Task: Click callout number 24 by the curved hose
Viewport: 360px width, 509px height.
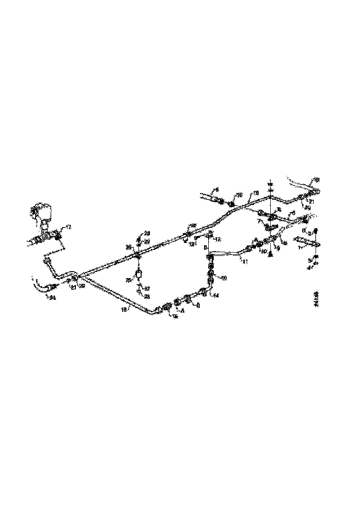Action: click(53, 298)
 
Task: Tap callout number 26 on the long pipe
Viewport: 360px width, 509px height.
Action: click(130, 247)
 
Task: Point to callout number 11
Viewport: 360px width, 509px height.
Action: click(244, 262)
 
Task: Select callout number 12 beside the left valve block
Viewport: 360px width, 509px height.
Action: click(68, 227)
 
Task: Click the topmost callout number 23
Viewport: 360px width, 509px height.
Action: click(147, 232)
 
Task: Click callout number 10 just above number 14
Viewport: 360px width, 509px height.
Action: click(223, 279)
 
